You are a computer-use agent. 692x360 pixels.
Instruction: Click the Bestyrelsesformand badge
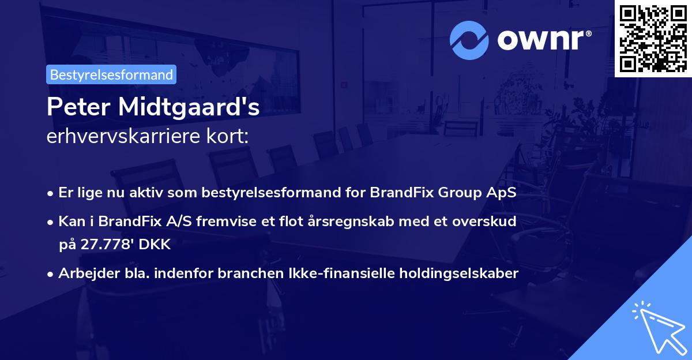[111, 74]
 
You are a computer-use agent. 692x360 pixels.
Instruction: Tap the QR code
[653, 37]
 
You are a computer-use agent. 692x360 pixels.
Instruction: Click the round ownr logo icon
[469, 40]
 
